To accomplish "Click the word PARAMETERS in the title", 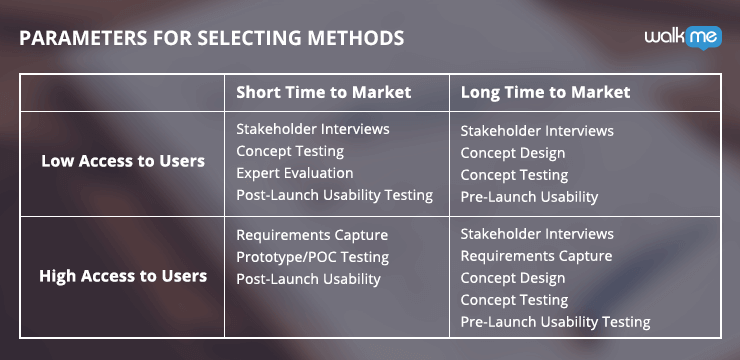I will pos(81,38).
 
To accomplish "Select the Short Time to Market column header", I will pos(323,92).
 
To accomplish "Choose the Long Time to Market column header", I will pos(545,92).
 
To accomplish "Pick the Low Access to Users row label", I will pos(123,161).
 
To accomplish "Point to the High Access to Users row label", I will pos(122,276).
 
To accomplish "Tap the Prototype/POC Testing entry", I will pos(312,257).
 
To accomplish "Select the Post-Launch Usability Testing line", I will pos(334,195).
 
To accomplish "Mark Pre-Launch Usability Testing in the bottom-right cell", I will pos(555,322).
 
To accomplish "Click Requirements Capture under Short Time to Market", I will pos(312,235).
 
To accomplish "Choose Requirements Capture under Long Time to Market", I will pos(536,256).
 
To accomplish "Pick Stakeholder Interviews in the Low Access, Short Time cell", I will pos(313,129).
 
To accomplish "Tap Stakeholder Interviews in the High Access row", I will pos(537,234).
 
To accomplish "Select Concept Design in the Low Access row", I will pos(512,153).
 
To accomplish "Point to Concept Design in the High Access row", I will pos(512,278).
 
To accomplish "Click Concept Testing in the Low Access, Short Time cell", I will pos(290,151).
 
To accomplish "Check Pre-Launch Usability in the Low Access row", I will pos(529,197).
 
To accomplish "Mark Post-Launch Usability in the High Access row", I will pos(308,279).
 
